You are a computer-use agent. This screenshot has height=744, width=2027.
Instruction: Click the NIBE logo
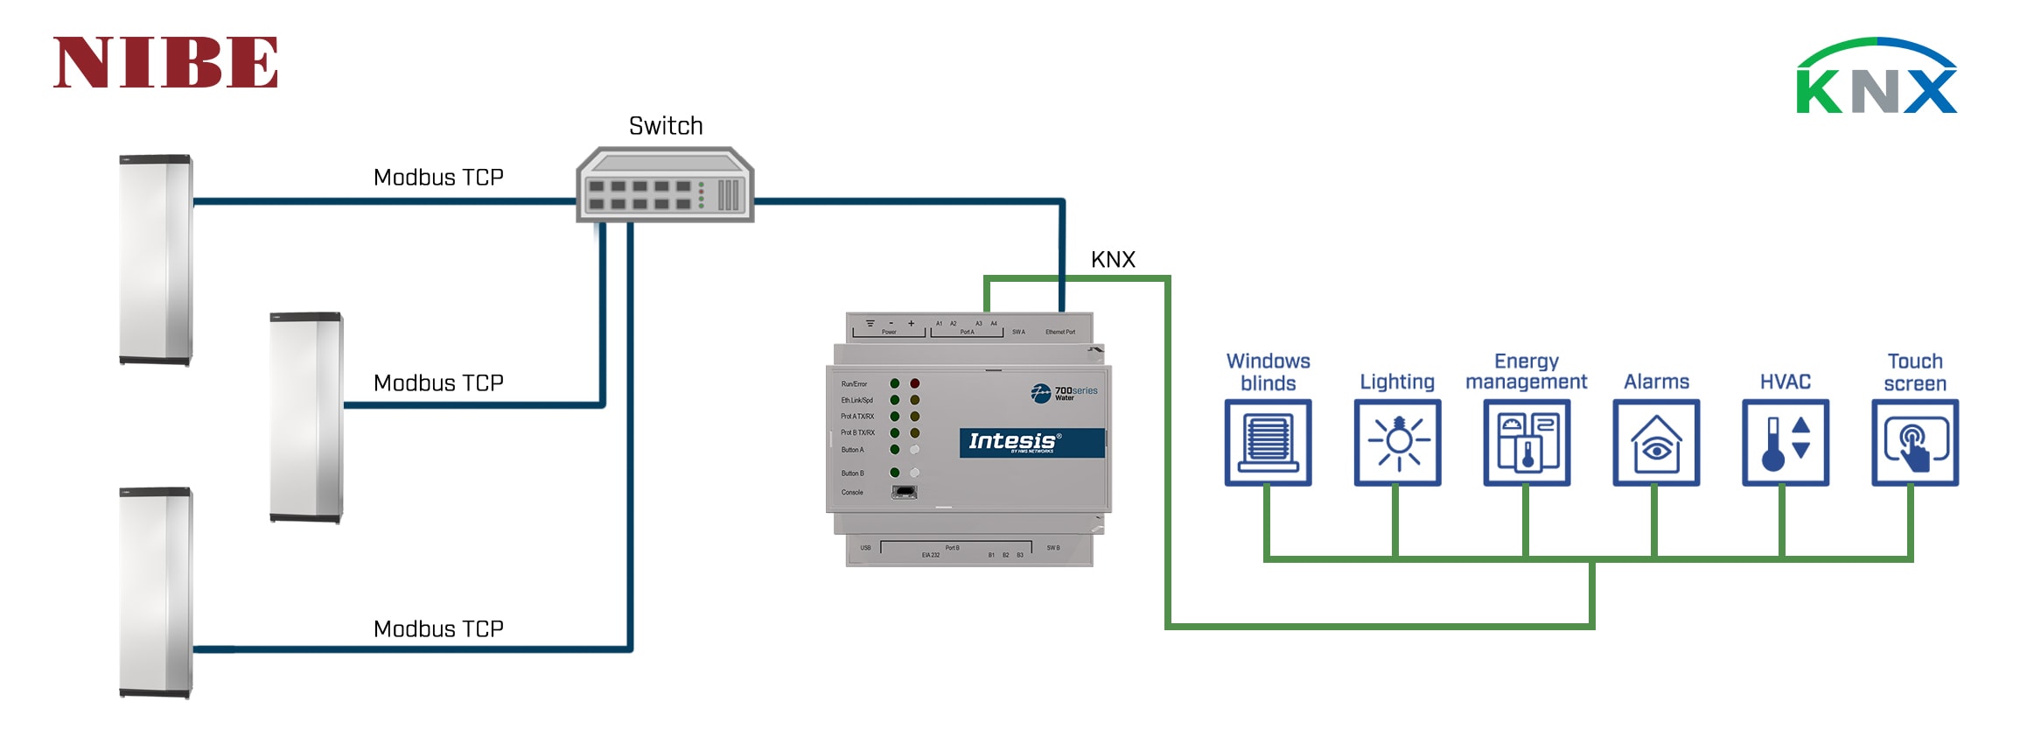tap(165, 63)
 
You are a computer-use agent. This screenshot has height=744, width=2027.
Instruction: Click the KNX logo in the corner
tap(1876, 77)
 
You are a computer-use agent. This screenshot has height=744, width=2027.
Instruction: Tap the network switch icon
tap(665, 186)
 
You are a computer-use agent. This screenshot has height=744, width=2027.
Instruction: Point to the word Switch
tap(666, 126)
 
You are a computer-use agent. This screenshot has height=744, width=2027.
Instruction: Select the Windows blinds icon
tap(1268, 443)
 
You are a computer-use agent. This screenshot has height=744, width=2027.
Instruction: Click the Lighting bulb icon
tap(1397, 443)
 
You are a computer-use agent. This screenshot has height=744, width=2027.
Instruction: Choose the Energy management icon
tap(1527, 443)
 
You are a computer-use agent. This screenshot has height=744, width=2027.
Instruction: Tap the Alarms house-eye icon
tap(1656, 443)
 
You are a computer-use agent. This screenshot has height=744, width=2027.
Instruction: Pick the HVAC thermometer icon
tap(1786, 443)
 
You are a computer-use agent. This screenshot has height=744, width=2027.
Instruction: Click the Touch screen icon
tap(1915, 443)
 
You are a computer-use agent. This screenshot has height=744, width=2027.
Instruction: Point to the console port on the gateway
tap(904, 493)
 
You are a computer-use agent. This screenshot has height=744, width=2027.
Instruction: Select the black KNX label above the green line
tap(1113, 260)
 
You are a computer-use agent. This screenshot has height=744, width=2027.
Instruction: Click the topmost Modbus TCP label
tap(438, 178)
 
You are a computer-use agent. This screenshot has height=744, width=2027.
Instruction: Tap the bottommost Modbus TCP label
tap(438, 629)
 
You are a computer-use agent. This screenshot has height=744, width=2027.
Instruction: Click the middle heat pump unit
tap(306, 418)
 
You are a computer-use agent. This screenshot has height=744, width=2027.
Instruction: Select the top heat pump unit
tap(156, 260)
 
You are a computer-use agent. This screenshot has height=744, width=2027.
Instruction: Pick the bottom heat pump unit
tap(156, 593)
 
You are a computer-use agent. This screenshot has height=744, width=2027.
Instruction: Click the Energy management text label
tap(1527, 372)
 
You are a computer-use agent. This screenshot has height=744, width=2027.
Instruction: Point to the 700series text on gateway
tap(1075, 391)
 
